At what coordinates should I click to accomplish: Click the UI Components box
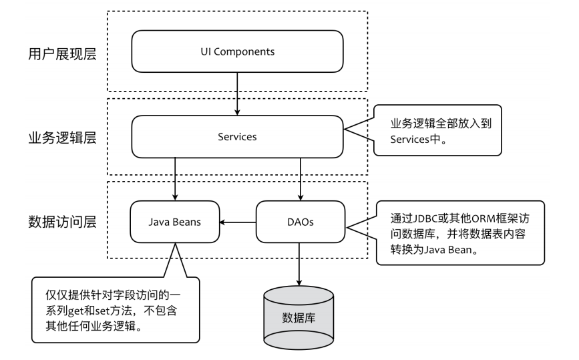pyautogui.click(x=237, y=51)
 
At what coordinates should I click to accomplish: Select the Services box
pyautogui.click(x=237, y=136)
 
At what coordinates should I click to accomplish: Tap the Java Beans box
pyautogui.click(x=176, y=221)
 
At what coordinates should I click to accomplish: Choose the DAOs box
pyautogui.click(x=299, y=221)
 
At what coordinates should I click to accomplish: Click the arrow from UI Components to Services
pyautogui.click(x=237, y=94)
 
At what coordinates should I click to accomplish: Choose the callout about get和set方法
pyautogui.click(x=116, y=309)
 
